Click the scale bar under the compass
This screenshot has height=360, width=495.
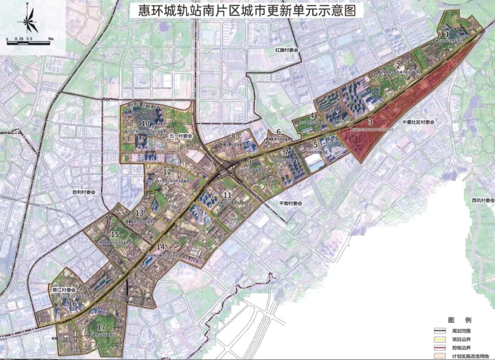tap(28, 38)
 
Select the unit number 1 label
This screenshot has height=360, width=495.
tap(447, 33)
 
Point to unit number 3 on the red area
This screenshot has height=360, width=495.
tap(370, 122)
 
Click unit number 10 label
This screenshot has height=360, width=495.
tap(146, 123)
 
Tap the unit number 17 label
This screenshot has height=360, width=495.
tap(102, 327)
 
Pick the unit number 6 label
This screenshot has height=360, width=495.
tap(278, 132)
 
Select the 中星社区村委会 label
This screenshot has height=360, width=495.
tap(418, 122)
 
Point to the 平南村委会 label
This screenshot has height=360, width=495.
tap(291, 203)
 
